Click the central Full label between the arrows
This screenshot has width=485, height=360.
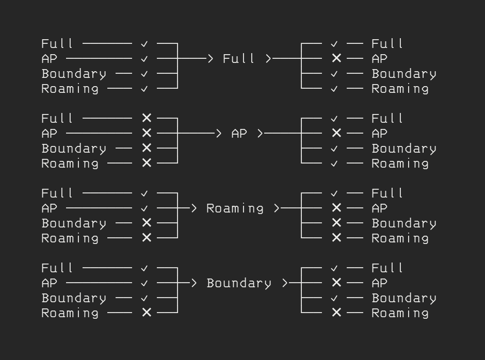tap(239, 59)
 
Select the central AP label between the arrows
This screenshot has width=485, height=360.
tap(239, 134)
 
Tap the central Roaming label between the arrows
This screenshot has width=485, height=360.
tap(235, 208)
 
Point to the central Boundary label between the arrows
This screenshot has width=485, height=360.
tap(239, 283)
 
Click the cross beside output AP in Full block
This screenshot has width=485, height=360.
tap(336, 59)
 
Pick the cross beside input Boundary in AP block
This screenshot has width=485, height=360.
tap(147, 149)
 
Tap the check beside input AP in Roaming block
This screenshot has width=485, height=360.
tap(144, 208)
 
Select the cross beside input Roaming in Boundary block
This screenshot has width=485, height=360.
tap(147, 313)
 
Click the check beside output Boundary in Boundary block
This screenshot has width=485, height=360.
tap(334, 298)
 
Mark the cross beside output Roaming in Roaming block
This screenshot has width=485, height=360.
tap(336, 238)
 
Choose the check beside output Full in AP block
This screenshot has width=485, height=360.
tap(334, 119)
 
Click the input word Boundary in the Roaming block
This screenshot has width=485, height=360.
tap(74, 223)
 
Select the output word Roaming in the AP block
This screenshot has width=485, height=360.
tap(400, 163)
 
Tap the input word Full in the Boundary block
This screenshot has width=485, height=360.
tap(57, 268)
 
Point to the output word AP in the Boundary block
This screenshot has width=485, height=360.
tap(379, 283)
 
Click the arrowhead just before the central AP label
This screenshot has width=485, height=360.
tap(218, 134)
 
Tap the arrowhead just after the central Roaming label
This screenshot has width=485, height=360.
tap(277, 208)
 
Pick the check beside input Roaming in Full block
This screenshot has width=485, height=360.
tap(144, 89)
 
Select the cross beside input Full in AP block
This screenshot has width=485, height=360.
tap(147, 119)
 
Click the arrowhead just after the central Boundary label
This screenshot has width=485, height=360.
tap(285, 283)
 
